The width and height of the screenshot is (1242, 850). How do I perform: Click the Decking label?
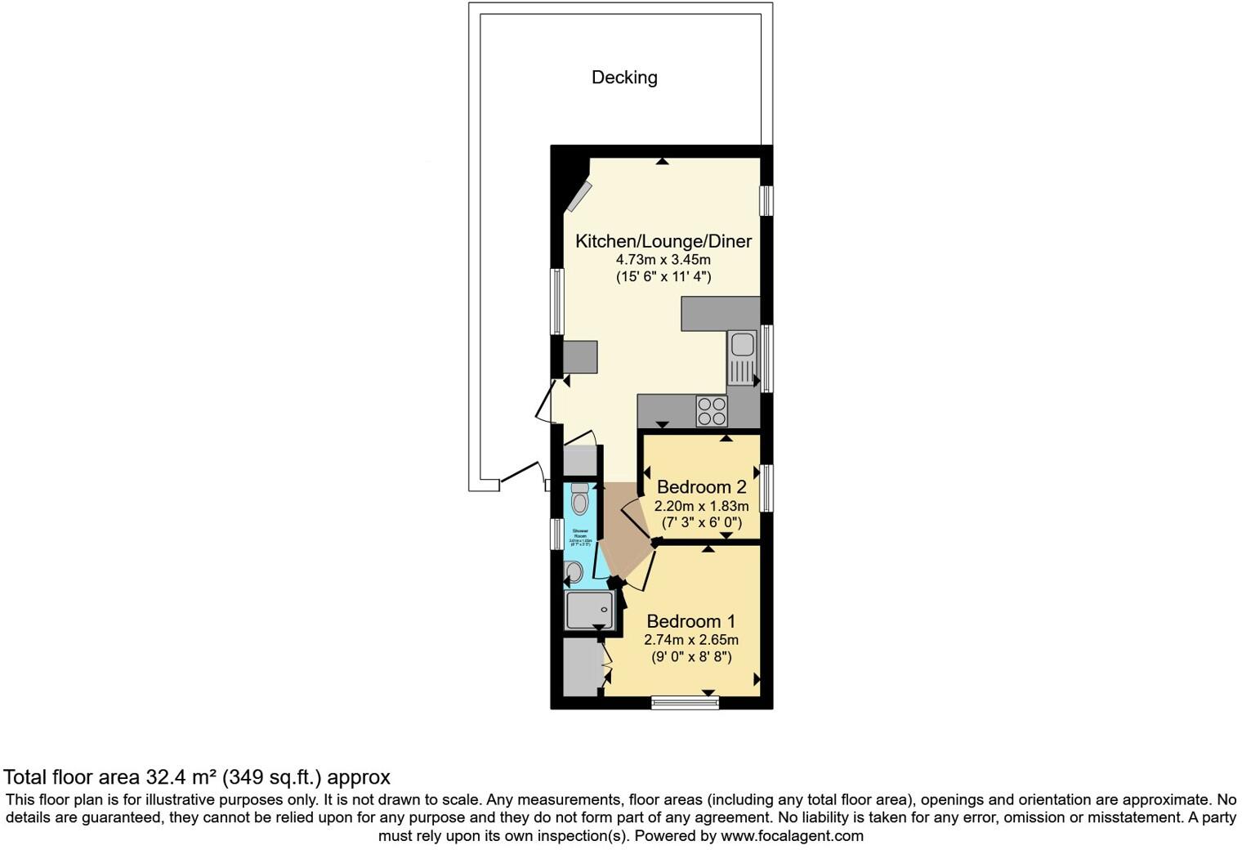(x=624, y=78)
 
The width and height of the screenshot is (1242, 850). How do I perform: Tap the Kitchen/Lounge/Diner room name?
(x=663, y=241)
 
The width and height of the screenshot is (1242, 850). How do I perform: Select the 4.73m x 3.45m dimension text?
(x=663, y=260)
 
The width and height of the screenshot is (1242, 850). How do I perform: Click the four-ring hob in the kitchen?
(x=711, y=410)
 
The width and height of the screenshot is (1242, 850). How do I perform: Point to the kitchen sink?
(x=743, y=357)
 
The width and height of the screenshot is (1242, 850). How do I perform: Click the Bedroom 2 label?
(x=701, y=487)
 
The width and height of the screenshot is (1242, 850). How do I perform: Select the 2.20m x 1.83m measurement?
(x=701, y=506)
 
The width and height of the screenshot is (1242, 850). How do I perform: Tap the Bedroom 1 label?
(x=690, y=621)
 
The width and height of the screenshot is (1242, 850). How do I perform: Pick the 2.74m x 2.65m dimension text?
(x=690, y=640)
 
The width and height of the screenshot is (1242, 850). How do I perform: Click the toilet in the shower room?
(x=579, y=498)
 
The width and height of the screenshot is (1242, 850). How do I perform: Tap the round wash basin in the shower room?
(x=574, y=572)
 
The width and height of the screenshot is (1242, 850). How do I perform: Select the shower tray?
(x=589, y=610)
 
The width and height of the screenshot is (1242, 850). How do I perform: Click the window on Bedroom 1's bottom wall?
(x=685, y=702)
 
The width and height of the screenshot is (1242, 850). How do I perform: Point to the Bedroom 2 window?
(x=766, y=488)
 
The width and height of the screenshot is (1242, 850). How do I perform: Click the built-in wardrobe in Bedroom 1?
(x=583, y=667)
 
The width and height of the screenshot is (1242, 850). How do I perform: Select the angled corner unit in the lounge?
(x=581, y=196)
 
